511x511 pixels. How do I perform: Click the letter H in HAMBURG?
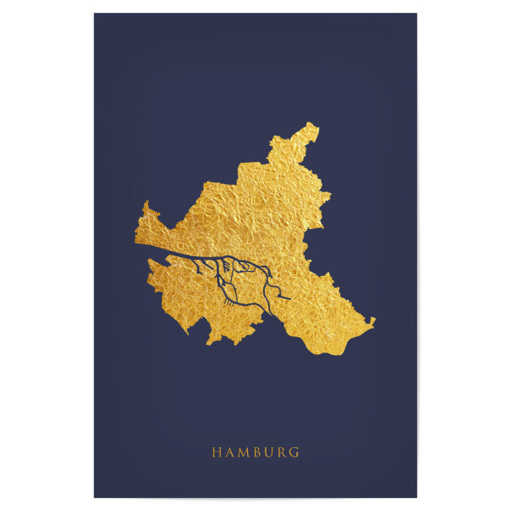click(216, 452)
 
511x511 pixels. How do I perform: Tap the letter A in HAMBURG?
click(230, 452)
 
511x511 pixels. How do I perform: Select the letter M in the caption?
click(244, 452)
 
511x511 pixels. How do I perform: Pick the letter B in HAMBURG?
click(257, 452)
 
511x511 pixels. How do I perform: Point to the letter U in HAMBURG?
click(269, 452)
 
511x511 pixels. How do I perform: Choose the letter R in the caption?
click(282, 452)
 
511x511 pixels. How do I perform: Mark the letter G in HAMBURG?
click(294, 452)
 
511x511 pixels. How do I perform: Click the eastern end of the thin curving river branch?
click(290, 299)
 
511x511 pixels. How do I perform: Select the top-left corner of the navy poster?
click(94, 14)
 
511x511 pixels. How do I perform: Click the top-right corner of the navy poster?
click(417, 14)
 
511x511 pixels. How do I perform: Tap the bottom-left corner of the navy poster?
click(94, 497)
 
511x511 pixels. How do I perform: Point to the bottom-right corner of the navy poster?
click(417, 497)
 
